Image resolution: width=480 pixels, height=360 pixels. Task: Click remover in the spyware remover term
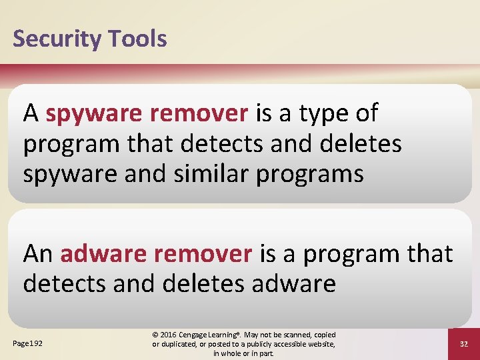click(x=199, y=114)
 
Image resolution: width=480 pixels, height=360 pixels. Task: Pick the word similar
click(x=207, y=174)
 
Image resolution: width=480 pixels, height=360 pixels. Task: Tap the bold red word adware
click(x=103, y=254)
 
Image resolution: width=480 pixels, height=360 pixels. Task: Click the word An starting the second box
click(x=38, y=254)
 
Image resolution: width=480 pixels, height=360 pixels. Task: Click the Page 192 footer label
click(x=27, y=343)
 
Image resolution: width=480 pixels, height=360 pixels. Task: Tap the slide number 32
click(x=464, y=344)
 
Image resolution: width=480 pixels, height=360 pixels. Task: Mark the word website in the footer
click(x=317, y=344)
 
